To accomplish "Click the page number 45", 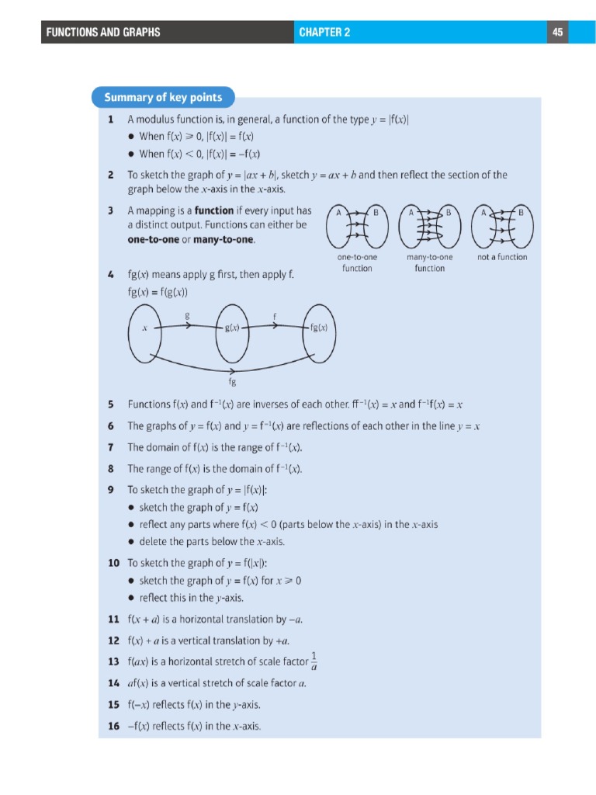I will pyautogui.click(x=557, y=32).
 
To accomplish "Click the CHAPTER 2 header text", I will pyautogui.click(x=324, y=32).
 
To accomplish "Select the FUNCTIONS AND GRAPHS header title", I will pyautogui.click(x=103, y=32).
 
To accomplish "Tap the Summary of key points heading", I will pyautogui.click(x=163, y=98).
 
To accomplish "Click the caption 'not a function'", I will pyautogui.click(x=502, y=257).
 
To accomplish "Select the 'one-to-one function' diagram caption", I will pyautogui.click(x=357, y=262).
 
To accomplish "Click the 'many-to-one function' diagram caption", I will pyautogui.click(x=429, y=262).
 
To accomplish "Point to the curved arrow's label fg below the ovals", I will pyautogui.click(x=232, y=382).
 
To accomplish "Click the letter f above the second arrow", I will pyautogui.click(x=275, y=315).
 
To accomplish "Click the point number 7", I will pyautogui.click(x=112, y=447).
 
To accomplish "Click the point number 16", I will pyautogui.click(x=113, y=727).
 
